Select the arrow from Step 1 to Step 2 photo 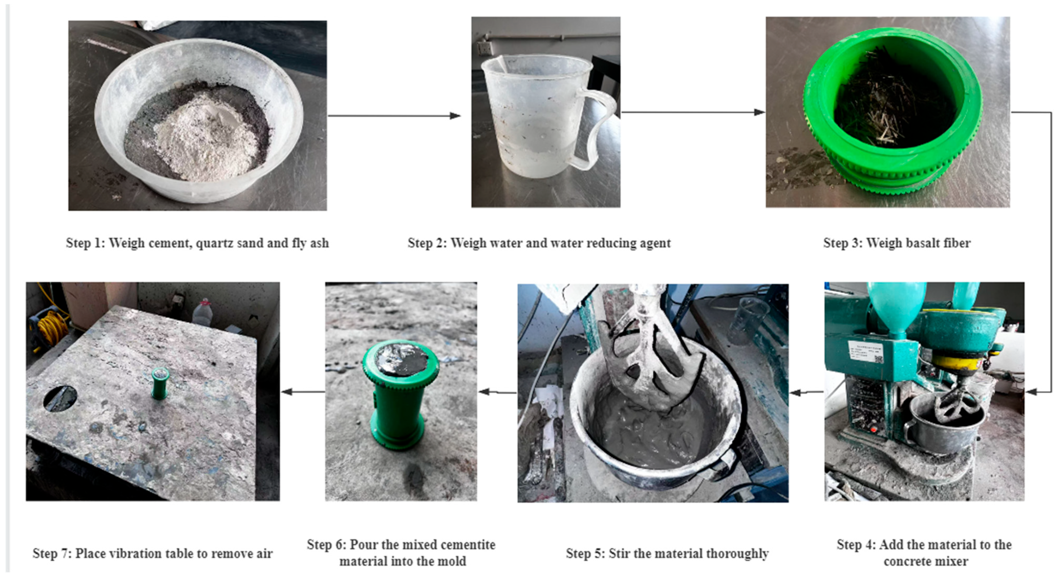pyautogui.click(x=394, y=116)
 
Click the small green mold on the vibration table pyautogui.click(x=160, y=383)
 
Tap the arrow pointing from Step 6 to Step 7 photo pyautogui.click(x=303, y=392)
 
